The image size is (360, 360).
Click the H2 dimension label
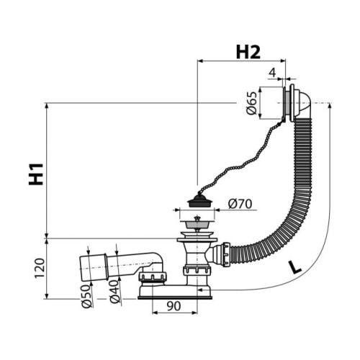(x=248, y=53)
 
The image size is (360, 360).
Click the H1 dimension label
(x=36, y=174)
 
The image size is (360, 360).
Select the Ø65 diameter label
(x=252, y=103)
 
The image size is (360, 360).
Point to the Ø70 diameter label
(x=240, y=204)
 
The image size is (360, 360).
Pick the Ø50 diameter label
(x=86, y=297)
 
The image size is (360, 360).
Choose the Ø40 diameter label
(x=114, y=292)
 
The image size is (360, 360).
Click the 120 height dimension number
(x=40, y=268)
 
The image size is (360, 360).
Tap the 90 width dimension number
(x=174, y=306)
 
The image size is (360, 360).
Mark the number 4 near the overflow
(x=272, y=73)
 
